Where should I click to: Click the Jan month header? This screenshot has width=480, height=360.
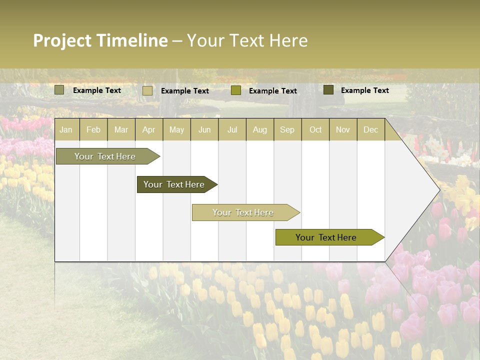(66, 129)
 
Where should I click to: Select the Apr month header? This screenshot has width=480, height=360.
(149, 129)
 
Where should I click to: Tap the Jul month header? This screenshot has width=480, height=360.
(232, 129)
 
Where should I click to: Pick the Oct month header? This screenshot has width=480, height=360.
(315, 129)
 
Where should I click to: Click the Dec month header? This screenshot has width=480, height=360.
(370, 129)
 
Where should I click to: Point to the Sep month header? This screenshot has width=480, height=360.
(287, 129)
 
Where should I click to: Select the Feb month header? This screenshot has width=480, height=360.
(93, 129)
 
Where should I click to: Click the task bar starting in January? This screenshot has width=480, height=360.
(105, 156)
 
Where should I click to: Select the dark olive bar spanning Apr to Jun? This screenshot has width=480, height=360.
(174, 184)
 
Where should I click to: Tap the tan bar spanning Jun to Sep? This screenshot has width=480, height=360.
(243, 212)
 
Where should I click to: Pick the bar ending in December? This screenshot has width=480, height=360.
(326, 237)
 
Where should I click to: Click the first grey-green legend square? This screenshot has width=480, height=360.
(59, 90)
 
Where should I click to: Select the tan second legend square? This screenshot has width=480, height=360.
(147, 90)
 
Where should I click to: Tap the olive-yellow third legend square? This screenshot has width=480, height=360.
(236, 90)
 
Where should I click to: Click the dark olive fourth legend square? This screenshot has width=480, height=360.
(328, 90)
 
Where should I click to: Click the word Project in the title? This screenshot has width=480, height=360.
(62, 41)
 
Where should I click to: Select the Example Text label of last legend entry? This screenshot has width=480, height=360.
(364, 90)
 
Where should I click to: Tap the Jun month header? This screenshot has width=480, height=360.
(204, 129)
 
